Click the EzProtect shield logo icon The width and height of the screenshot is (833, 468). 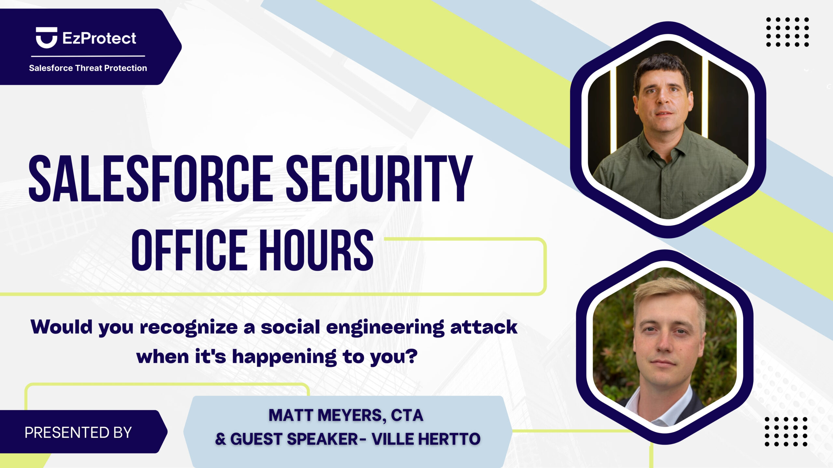(47, 38)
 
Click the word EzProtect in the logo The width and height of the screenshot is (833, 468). (99, 38)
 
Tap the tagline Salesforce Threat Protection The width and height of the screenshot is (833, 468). (88, 68)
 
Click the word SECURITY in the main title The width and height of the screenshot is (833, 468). (379, 178)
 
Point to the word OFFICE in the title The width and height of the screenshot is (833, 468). (189, 250)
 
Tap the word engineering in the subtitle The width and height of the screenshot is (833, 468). (385, 328)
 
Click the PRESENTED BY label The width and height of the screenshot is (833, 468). (78, 433)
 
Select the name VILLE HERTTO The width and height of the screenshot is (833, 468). (426, 439)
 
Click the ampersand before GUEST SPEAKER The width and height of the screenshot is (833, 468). (220, 439)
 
